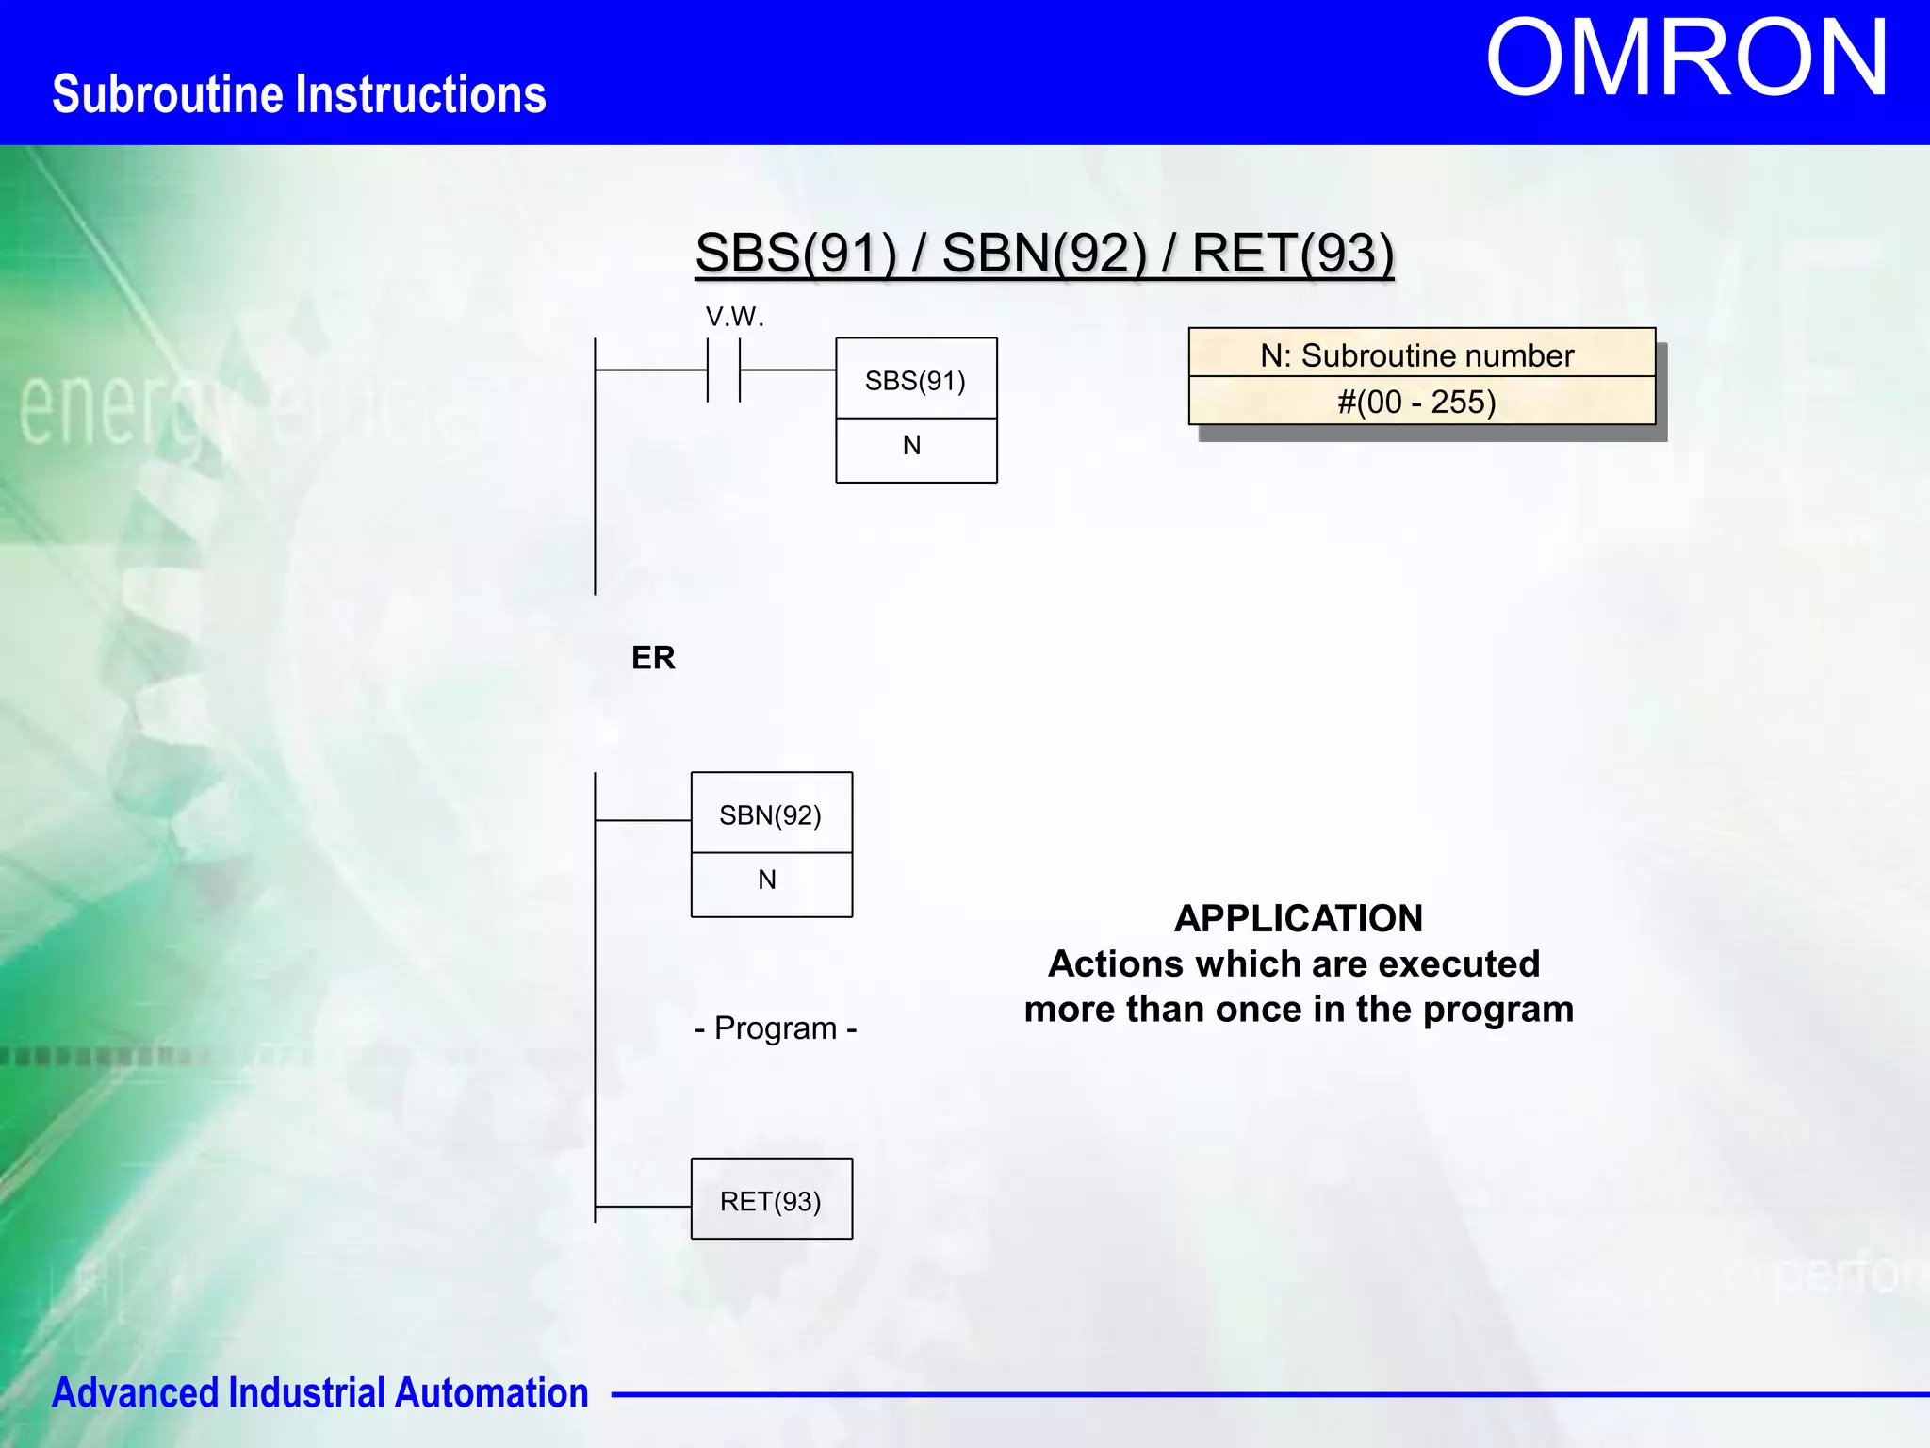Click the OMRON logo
[1686, 58]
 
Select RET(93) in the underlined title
[1292, 253]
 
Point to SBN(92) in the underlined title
[1044, 253]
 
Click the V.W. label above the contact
[734, 317]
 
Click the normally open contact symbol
[724, 370]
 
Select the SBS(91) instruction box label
[915, 380]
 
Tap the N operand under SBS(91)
[911, 446]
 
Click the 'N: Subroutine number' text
[1416, 355]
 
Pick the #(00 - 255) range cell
[1416, 403]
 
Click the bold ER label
[653, 657]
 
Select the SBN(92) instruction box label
[770, 814]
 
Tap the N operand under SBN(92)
[767, 880]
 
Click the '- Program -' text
[775, 1028]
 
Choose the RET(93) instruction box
[771, 1200]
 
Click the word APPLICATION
[1298, 918]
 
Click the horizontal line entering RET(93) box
[643, 1206]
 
